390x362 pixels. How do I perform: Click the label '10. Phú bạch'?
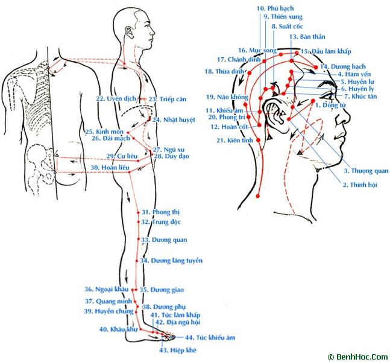[x=275, y=8]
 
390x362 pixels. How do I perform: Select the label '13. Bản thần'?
[x=307, y=37]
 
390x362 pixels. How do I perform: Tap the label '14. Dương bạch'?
[x=343, y=67]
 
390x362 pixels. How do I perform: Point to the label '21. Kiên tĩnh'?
[x=234, y=141]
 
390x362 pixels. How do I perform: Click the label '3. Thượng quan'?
[x=366, y=171]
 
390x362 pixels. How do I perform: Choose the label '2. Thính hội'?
[x=360, y=185]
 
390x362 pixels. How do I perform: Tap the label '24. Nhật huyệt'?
[x=174, y=119]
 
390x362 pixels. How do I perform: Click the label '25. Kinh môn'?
[x=104, y=132]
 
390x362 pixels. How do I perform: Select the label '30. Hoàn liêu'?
[x=110, y=168]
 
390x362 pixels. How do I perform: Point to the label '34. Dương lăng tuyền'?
[x=171, y=261]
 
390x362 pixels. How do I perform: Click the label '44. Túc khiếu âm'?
[x=210, y=338]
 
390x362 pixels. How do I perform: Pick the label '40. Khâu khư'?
[x=118, y=329]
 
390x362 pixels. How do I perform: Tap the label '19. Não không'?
[x=227, y=97]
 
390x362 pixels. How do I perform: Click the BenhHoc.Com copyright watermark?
[x=358, y=357]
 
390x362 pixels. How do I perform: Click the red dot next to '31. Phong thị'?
[x=138, y=212]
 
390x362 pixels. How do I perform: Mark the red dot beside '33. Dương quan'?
[x=139, y=239]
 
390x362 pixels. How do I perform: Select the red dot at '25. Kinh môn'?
[x=128, y=133]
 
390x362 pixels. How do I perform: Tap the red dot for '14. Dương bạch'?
[x=316, y=67]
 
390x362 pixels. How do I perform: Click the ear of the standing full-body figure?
[x=130, y=33]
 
